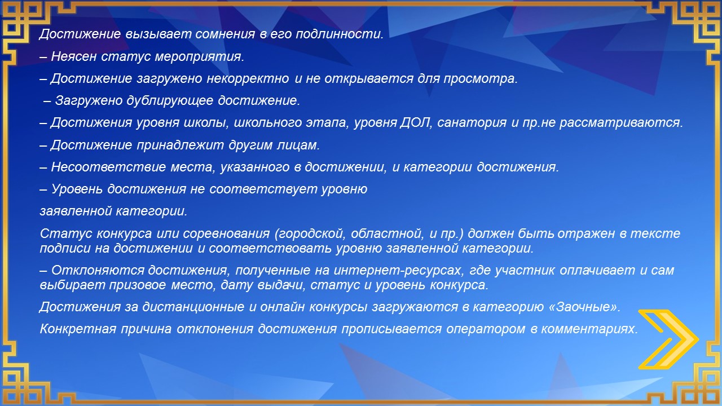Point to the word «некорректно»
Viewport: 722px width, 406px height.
[x=248, y=79]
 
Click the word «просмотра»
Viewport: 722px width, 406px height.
[x=479, y=79]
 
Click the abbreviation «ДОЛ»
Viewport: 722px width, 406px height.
[x=416, y=123]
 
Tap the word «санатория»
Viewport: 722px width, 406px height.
[x=472, y=123]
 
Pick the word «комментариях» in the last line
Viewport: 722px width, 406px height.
[x=588, y=329]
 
